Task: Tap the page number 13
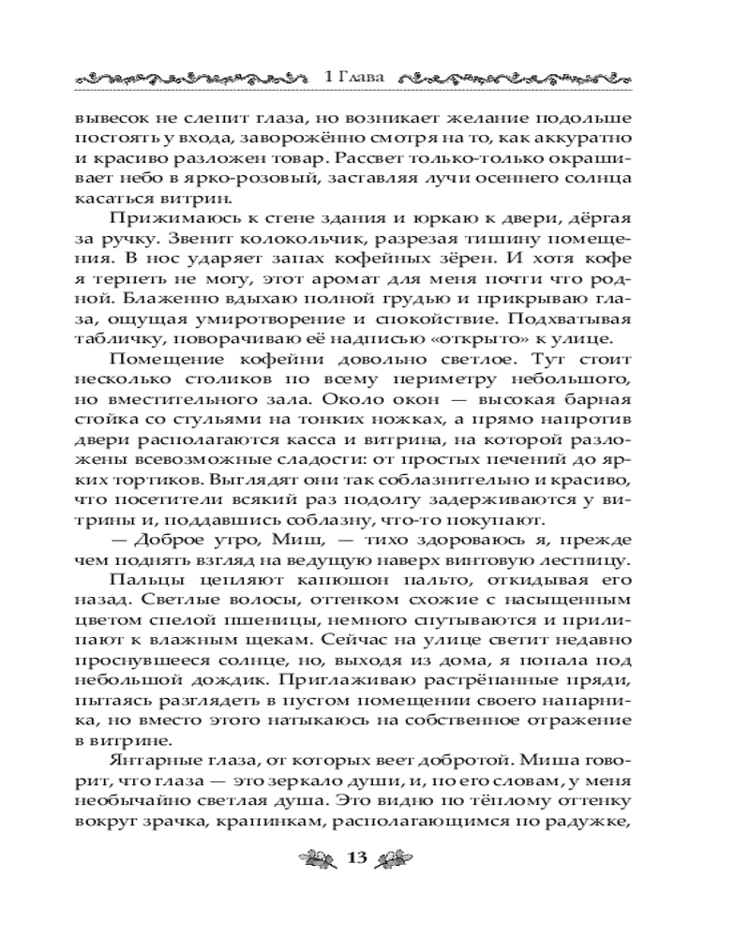pos(360,858)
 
